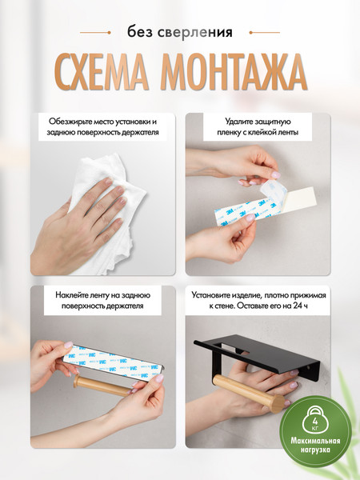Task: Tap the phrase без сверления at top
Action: point(180,33)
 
